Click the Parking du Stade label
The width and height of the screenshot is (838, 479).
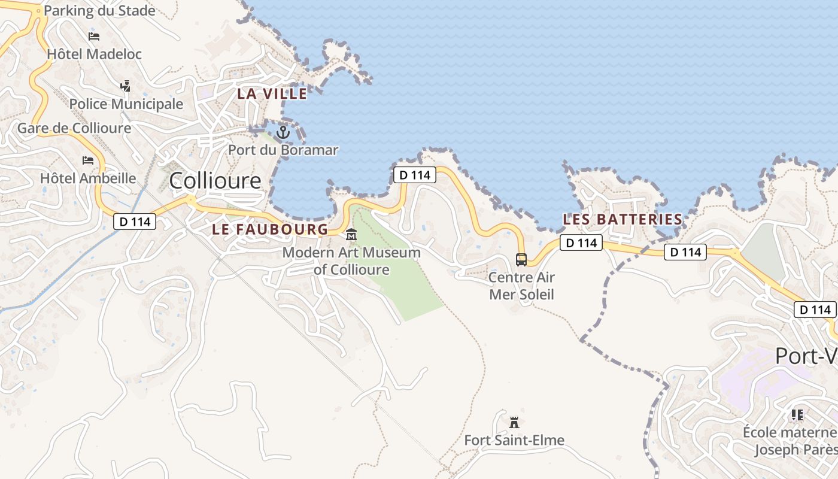pyautogui.click(x=99, y=11)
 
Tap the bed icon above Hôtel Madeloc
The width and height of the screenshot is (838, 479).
pyautogui.click(x=94, y=37)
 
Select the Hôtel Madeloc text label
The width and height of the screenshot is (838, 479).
pyautogui.click(x=94, y=54)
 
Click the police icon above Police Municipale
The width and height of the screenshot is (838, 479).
pyautogui.click(x=125, y=86)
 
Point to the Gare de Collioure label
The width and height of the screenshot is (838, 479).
pyautogui.click(x=74, y=128)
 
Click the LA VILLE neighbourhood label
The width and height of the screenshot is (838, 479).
pyautogui.click(x=272, y=93)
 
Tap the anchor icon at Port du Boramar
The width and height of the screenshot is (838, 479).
pyautogui.click(x=283, y=132)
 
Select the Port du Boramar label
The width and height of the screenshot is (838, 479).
pyautogui.click(x=283, y=150)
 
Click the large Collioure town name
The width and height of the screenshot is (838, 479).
pyautogui.click(x=215, y=180)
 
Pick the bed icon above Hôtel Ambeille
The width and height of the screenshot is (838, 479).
pyautogui.click(x=88, y=160)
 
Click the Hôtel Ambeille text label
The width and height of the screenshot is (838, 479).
pyautogui.click(x=88, y=178)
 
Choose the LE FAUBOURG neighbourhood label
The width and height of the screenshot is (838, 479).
pyautogui.click(x=270, y=229)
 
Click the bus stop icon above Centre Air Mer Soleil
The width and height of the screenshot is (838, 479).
pyautogui.click(x=521, y=260)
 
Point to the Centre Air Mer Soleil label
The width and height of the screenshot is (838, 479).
pyautogui.click(x=522, y=286)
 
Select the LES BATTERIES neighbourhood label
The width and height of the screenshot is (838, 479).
pyautogui.click(x=623, y=219)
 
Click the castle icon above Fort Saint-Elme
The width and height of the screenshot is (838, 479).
pyautogui.click(x=514, y=423)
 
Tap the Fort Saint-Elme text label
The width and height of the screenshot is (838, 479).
pyautogui.click(x=514, y=441)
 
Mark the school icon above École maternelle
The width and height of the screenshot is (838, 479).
pyautogui.click(x=797, y=414)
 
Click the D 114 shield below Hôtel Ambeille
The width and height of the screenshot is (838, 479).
pyautogui.click(x=135, y=222)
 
